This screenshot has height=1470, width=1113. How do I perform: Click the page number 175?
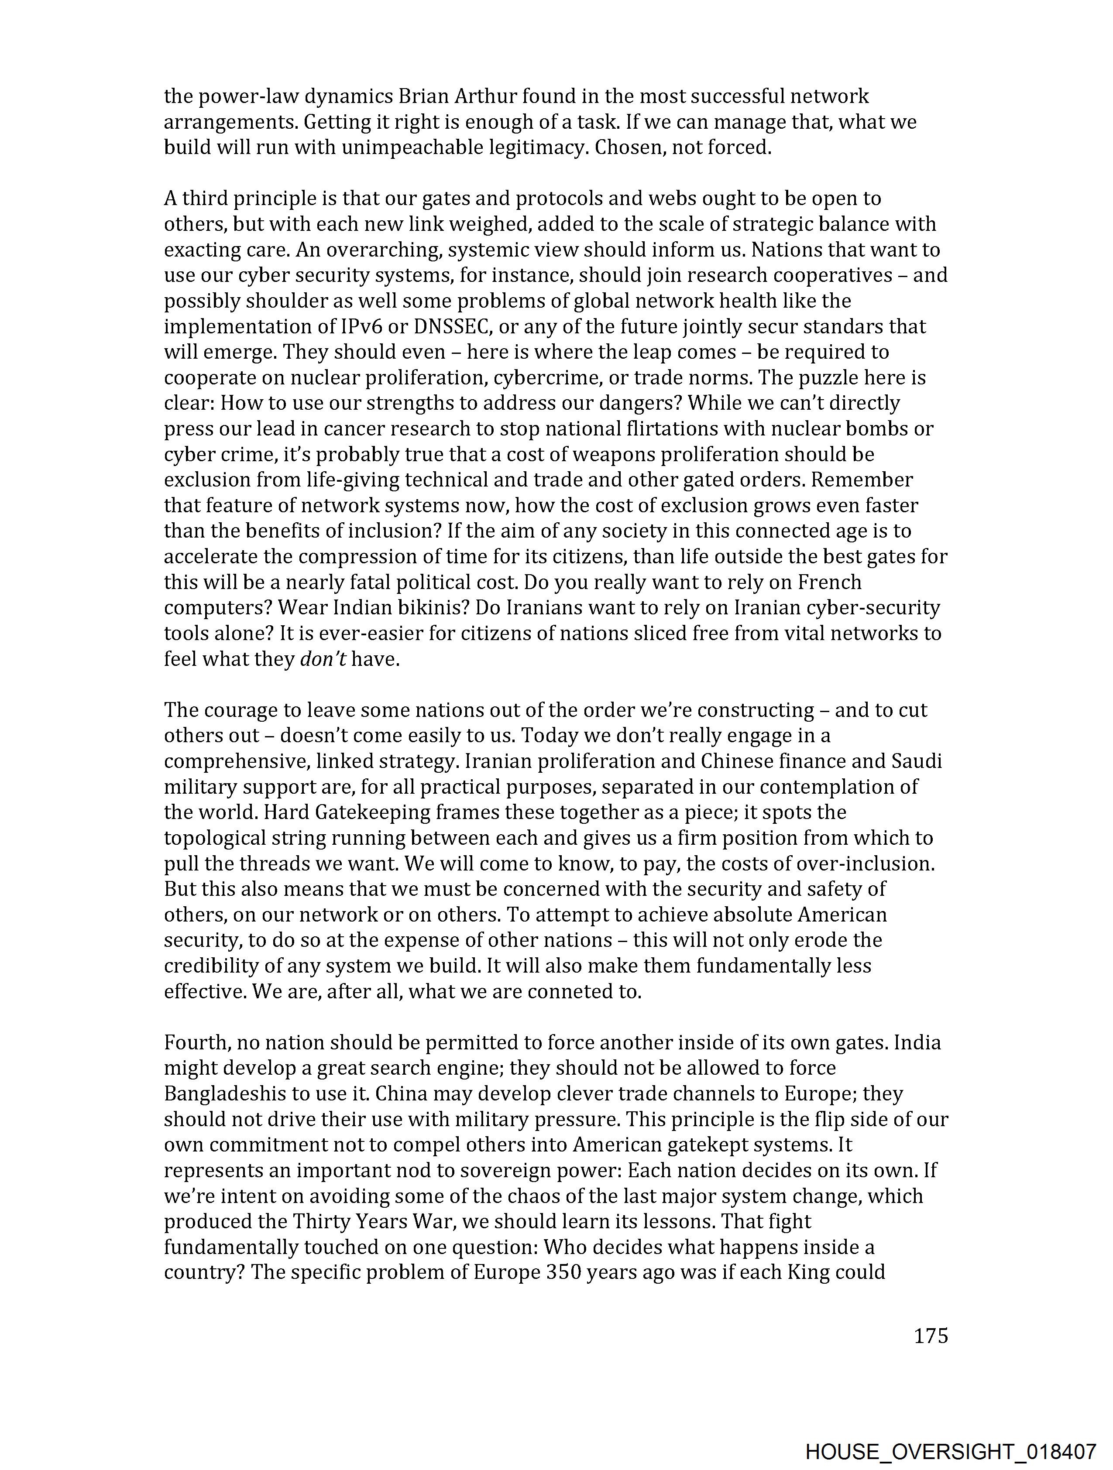(931, 1336)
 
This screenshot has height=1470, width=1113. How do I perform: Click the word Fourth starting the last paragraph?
(196, 1043)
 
